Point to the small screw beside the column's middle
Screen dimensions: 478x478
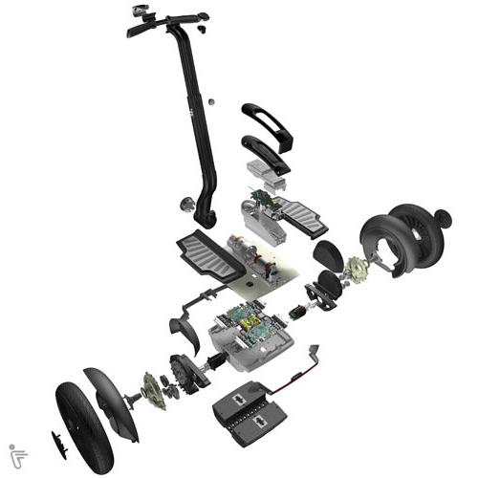210,101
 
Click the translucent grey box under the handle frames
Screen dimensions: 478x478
268,175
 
